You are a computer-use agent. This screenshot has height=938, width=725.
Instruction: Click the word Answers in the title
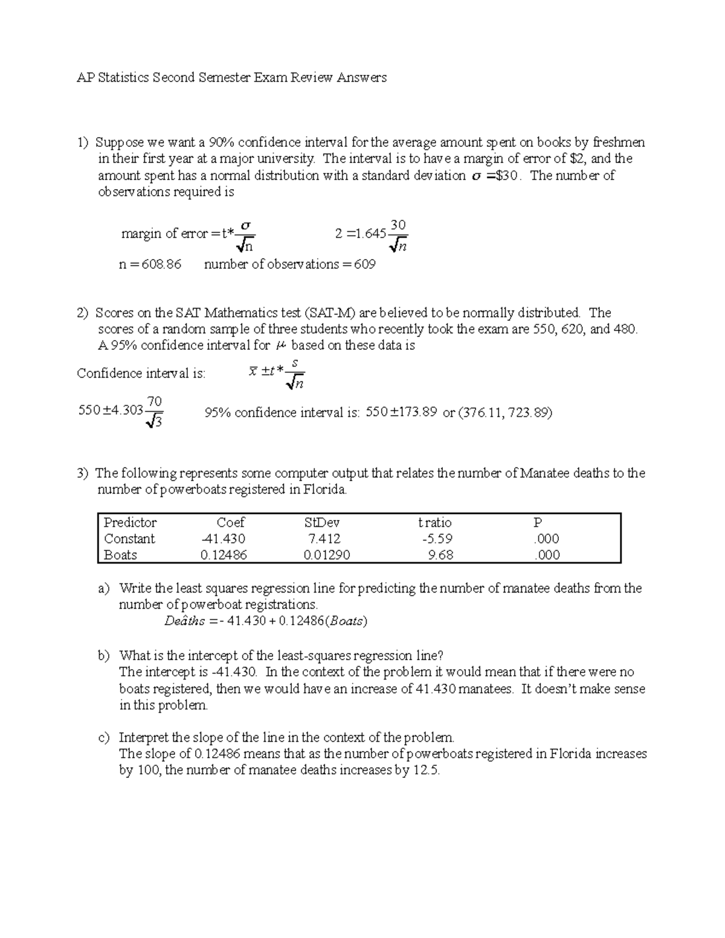pyautogui.click(x=361, y=77)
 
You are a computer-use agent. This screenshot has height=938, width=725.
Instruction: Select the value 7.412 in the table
pyautogui.click(x=324, y=539)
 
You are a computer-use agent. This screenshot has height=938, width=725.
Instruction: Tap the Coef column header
pyautogui.click(x=231, y=522)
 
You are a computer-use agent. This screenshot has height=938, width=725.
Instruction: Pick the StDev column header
pyautogui.click(x=322, y=522)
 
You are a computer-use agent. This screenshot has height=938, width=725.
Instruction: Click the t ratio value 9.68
pyautogui.click(x=440, y=555)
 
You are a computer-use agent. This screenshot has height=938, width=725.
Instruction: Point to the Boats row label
pyautogui.click(x=120, y=555)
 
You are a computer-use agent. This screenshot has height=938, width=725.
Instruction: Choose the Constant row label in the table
pyautogui.click(x=129, y=539)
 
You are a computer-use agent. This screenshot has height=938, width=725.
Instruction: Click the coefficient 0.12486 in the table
pyautogui.click(x=224, y=555)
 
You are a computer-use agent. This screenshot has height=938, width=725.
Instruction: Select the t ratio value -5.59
pyautogui.click(x=438, y=539)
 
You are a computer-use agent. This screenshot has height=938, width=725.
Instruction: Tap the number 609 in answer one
pyautogui.click(x=364, y=265)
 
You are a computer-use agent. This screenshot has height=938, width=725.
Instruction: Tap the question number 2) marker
pyautogui.click(x=83, y=313)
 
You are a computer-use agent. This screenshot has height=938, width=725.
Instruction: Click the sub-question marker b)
pyautogui.click(x=104, y=655)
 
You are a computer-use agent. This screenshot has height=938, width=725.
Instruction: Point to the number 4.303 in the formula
pyautogui.click(x=123, y=411)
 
